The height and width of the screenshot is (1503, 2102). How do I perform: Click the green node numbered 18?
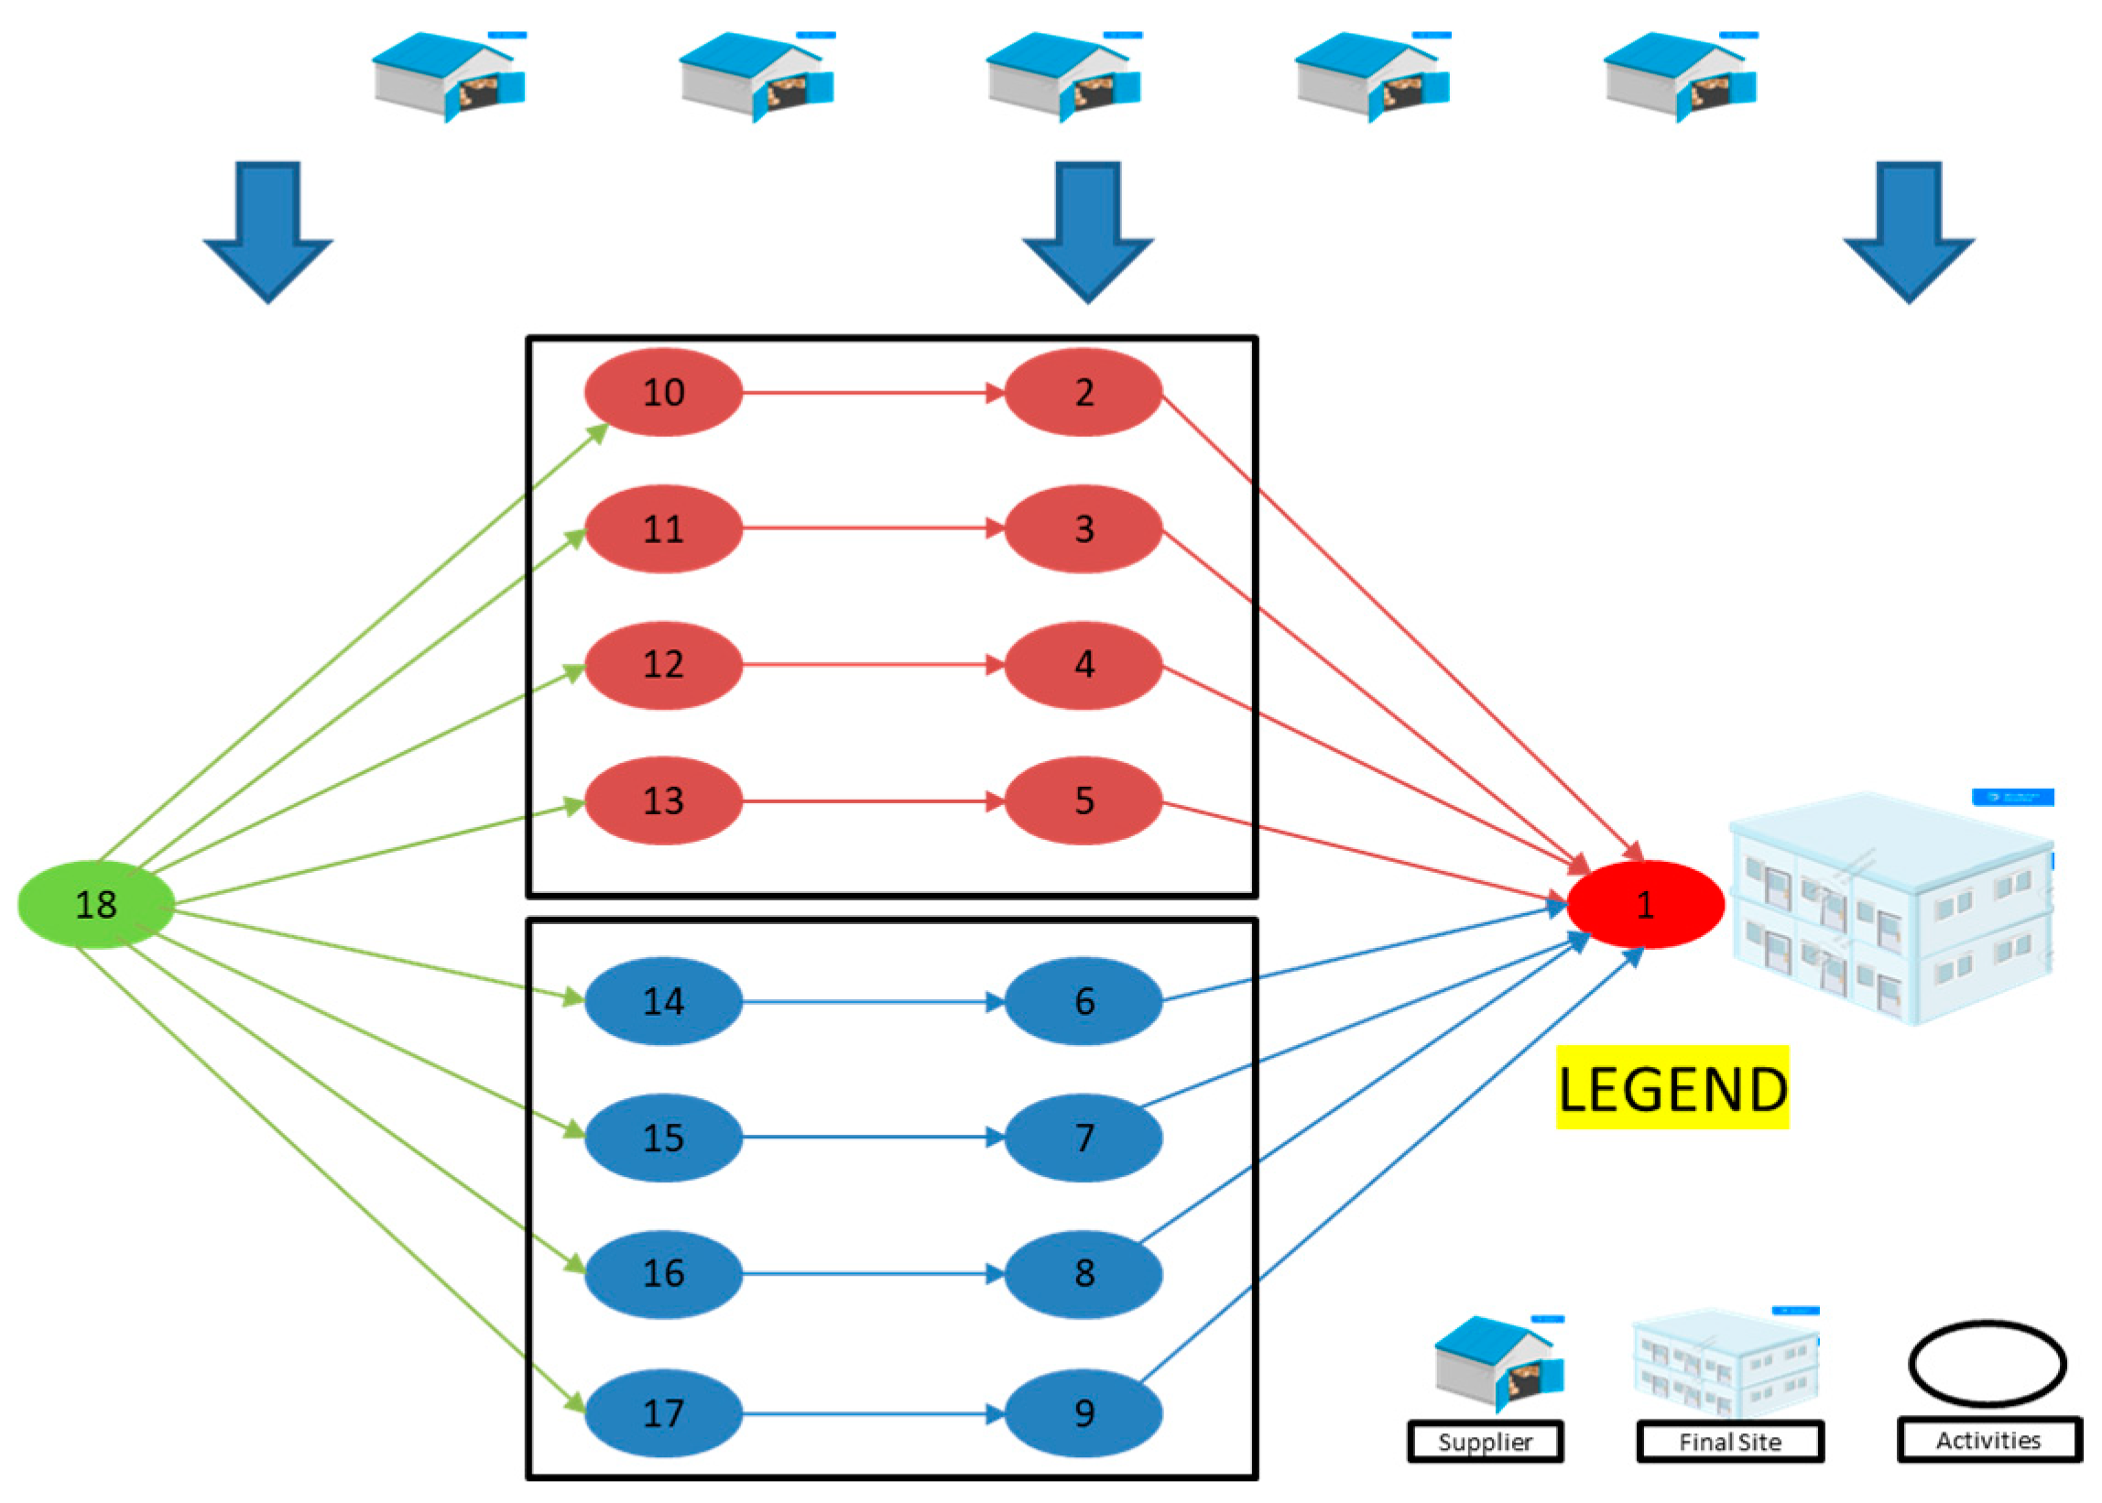pyautogui.click(x=95, y=904)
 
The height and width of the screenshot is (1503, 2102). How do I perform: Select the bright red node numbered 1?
pyautogui.click(x=1644, y=904)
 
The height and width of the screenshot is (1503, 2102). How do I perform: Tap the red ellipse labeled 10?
pyautogui.click(x=663, y=392)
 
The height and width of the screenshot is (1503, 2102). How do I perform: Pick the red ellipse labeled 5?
pyautogui.click(x=1083, y=801)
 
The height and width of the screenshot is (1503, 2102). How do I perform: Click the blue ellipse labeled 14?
pyautogui.click(x=663, y=1001)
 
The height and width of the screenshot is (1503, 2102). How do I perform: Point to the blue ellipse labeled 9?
pyautogui.click(x=1083, y=1413)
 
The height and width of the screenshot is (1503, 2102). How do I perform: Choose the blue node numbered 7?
pyautogui.click(x=1083, y=1138)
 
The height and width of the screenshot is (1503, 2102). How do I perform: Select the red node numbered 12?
pyautogui.click(x=663, y=665)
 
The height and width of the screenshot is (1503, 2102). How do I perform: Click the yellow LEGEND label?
pyautogui.click(x=1672, y=1087)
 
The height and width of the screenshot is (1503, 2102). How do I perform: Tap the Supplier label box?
pyautogui.click(x=1485, y=1442)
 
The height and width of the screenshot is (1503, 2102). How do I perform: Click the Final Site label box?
pyautogui.click(x=1729, y=1442)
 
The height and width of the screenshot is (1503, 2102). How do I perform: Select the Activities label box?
pyautogui.click(x=1988, y=1440)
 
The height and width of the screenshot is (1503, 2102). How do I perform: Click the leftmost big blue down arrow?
pyautogui.click(x=267, y=232)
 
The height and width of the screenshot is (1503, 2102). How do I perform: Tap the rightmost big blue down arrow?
pyautogui.click(x=1909, y=232)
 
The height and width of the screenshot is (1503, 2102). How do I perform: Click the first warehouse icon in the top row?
pyautogui.click(x=448, y=76)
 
